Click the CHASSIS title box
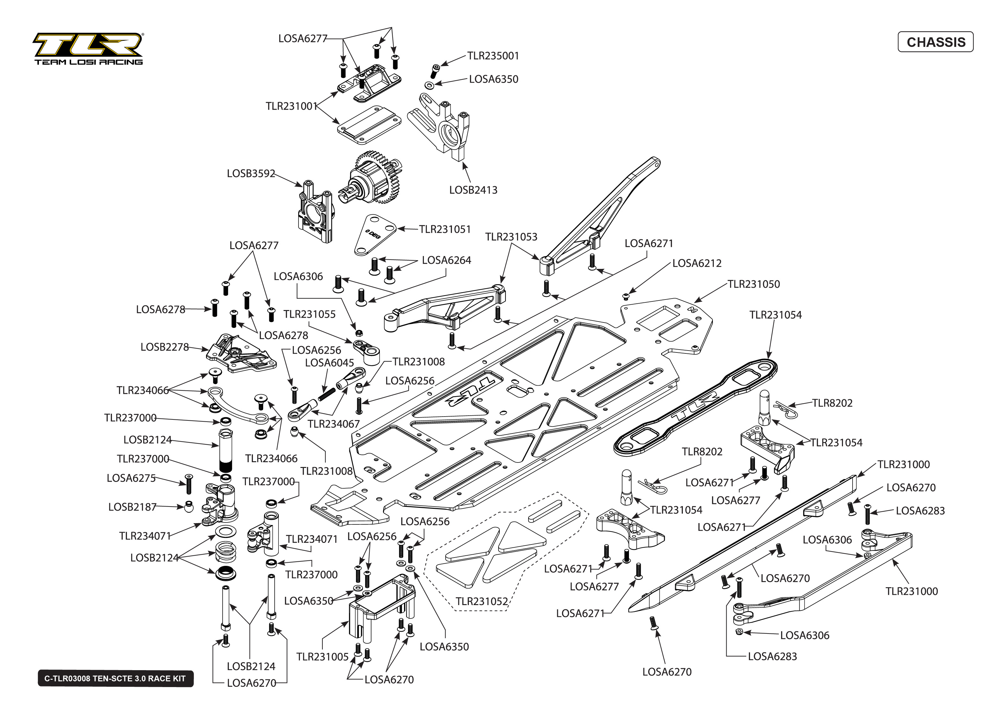(x=935, y=42)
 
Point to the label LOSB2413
(x=473, y=190)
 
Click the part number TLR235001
(x=493, y=56)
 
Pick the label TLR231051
(x=445, y=229)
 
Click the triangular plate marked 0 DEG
(x=375, y=234)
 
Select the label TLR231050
(x=754, y=284)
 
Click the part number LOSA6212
(x=697, y=263)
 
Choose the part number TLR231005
(x=323, y=657)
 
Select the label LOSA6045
(x=330, y=363)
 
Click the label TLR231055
(x=309, y=315)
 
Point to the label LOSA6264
(x=447, y=260)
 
